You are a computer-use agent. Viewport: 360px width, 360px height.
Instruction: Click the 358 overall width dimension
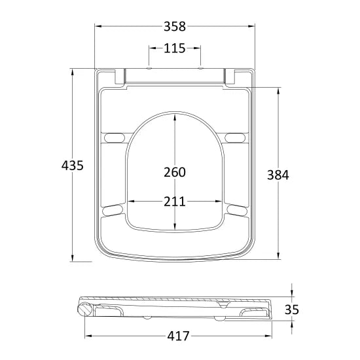[175, 27]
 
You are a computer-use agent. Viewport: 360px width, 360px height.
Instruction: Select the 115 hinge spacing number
[175, 48]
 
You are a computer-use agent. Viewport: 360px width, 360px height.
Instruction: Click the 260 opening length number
[175, 172]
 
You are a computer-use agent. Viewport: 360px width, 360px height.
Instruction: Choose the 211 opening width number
[175, 201]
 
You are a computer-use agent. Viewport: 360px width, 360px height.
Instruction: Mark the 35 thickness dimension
[292, 308]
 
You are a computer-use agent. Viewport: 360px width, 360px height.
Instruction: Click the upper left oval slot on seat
[113, 137]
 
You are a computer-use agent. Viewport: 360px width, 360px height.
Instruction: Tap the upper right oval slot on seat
[236, 137]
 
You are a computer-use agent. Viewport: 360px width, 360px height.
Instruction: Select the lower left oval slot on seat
[113, 209]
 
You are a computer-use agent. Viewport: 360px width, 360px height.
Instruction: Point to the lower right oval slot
[236, 209]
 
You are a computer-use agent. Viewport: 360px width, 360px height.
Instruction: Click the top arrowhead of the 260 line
[175, 117]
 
